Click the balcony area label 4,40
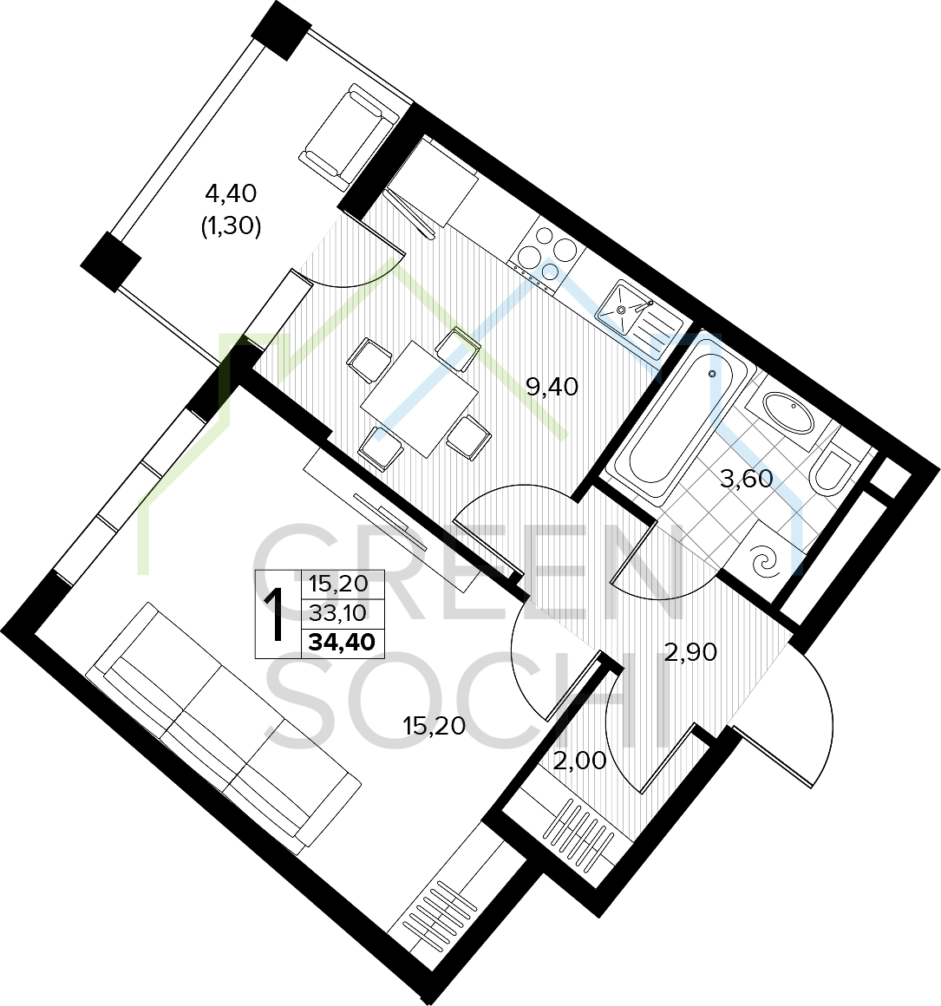click(x=231, y=193)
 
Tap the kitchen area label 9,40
click(x=552, y=386)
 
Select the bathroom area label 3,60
click(x=746, y=479)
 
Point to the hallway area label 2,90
click(x=690, y=652)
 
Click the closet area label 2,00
click(x=579, y=761)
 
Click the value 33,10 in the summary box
click(x=337, y=613)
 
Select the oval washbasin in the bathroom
click(x=788, y=414)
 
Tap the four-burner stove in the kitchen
click(x=546, y=252)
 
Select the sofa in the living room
click(x=225, y=728)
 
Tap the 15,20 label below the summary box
click(x=434, y=726)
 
